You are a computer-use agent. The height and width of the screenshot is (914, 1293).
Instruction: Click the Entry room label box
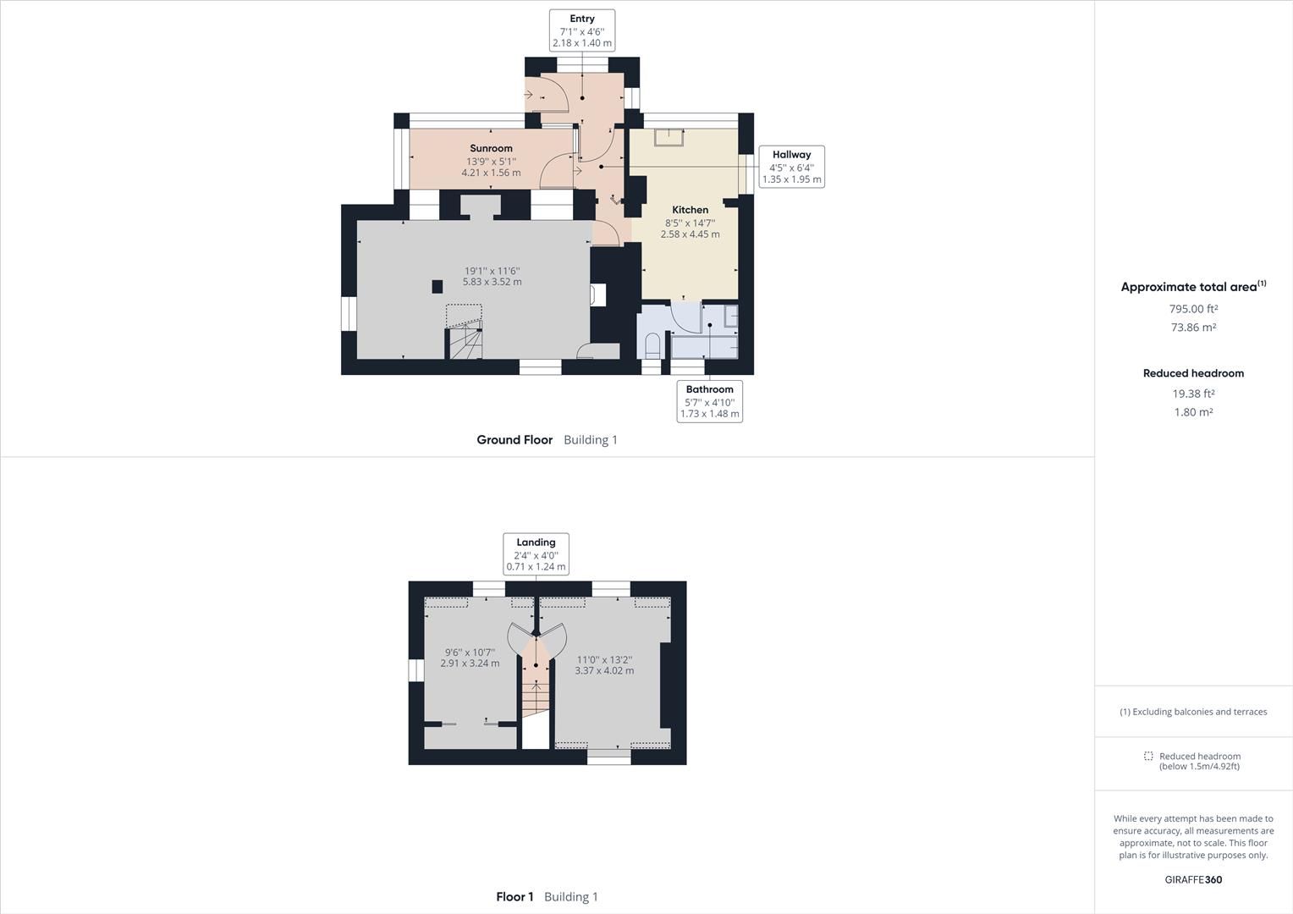coord(581,30)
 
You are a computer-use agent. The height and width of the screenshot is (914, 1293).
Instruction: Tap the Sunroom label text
coord(491,148)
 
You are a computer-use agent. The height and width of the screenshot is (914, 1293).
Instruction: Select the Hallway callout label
coord(791,167)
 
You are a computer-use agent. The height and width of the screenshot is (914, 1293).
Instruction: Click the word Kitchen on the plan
coord(690,210)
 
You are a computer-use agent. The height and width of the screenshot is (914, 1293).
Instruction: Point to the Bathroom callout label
coord(709,401)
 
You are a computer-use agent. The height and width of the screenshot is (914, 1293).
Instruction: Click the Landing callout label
coord(536,554)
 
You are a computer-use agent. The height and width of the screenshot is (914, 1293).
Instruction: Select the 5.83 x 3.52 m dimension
coord(492,282)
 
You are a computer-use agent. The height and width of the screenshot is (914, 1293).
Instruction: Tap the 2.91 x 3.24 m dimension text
coord(470,663)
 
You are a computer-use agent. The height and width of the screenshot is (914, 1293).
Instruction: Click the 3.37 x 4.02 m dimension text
coord(604,671)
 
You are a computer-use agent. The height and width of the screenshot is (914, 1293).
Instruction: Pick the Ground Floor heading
coord(514,440)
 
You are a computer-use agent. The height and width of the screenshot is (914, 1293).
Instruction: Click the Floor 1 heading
coord(514,897)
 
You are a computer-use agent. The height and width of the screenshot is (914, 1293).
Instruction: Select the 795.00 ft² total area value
coord(1193,309)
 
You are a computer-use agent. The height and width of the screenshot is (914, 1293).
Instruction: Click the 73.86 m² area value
coord(1193,328)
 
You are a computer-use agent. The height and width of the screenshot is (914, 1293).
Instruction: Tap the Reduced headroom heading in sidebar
coord(1193,373)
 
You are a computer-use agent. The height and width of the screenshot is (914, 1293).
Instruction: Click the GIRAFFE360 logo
coord(1193,879)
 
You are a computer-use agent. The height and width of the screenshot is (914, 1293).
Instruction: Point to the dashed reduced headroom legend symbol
coord(1148,756)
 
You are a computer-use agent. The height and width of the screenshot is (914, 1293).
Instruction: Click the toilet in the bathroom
coord(652,345)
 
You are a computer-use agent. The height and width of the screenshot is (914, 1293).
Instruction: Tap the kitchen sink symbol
coord(669,136)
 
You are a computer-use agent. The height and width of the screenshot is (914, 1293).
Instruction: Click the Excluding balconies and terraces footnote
coord(1193,712)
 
